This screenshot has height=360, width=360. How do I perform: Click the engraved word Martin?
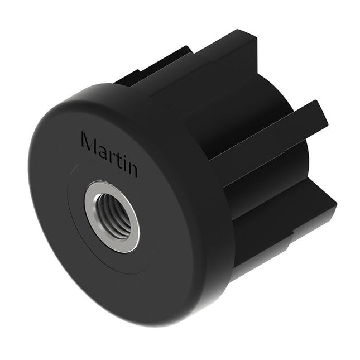109,154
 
